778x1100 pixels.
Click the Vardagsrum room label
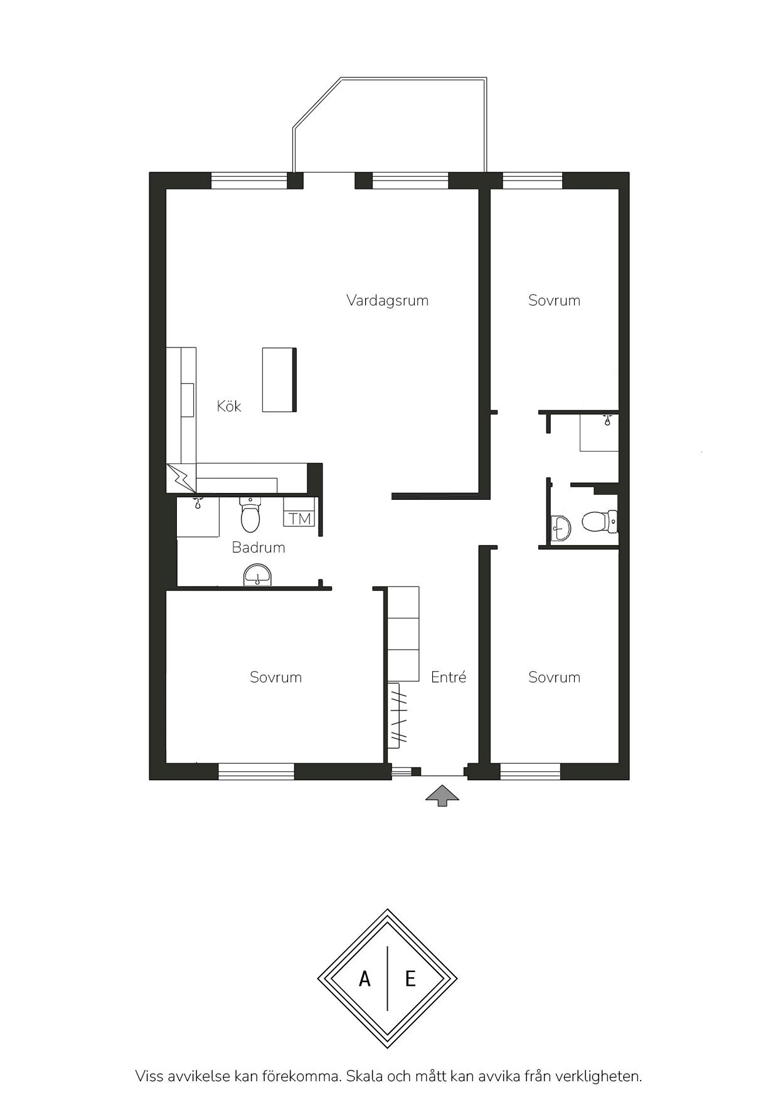[x=387, y=300]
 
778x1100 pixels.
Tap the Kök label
[x=229, y=406]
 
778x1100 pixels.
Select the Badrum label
[x=258, y=547]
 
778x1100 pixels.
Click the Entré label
[x=449, y=677]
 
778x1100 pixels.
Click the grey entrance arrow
[x=442, y=795]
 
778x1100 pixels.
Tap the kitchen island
[x=279, y=379]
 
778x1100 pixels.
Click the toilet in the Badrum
[x=250, y=514]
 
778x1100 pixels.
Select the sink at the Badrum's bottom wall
[x=257, y=575]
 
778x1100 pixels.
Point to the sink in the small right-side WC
[x=560, y=528]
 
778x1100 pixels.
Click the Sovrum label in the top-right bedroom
[x=554, y=300]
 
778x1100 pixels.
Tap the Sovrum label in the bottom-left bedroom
[x=275, y=677]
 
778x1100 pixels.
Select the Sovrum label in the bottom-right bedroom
[x=554, y=677]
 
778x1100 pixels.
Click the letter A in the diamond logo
[x=365, y=978]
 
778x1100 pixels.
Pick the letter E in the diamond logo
[x=410, y=978]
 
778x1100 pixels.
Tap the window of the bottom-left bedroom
[x=256, y=771]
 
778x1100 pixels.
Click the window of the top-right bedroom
[x=533, y=181]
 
